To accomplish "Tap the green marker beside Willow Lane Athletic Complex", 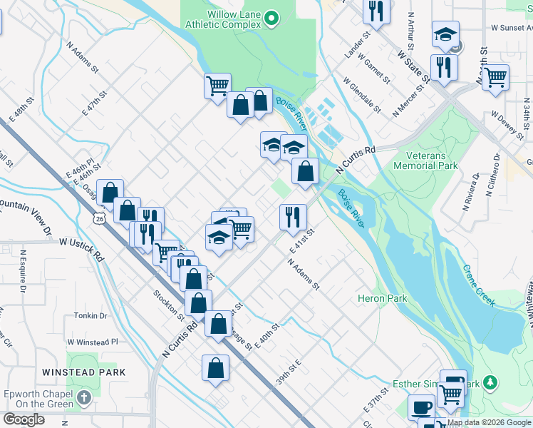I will (x=271, y=19).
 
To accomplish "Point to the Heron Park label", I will (x=381, y=298).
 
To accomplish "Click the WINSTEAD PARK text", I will (x=83, y=372).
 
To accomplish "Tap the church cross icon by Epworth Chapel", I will (x=84, y=397).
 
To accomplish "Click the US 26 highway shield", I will (x=98, y=220).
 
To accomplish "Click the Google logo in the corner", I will (x=24, y=419).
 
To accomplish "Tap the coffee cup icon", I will (x=420, y=407).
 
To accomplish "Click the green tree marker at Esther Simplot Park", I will (x=490, y=383).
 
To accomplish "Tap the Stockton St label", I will (x=169, y=303).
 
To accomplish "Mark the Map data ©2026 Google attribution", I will (x=488, y=422).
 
